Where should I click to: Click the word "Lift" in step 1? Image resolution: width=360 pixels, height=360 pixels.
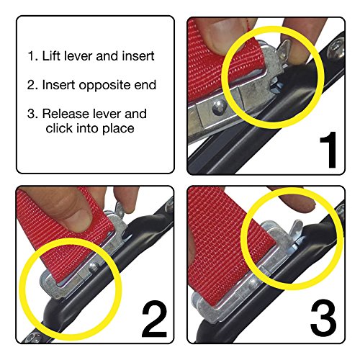pyautogui.click(x=50, y=56)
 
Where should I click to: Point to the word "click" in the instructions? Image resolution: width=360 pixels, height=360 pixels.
pyautogui.click(x=59, y=128)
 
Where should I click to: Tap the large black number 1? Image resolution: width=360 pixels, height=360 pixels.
pyautogui.click(x=328, y=150)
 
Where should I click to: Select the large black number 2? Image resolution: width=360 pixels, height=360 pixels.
pyautogui.click(x=154, y=319)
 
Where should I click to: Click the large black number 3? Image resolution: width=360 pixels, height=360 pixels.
pyautogui.click(x=323, y=318)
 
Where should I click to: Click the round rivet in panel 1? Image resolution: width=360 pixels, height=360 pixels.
pyautogui.click(x=219, y=107)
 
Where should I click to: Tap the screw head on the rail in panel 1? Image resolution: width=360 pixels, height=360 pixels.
pyautogui.click(x=336, y=50)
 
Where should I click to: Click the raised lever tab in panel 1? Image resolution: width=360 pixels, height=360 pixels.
pyautogui.click(x=286, y=50)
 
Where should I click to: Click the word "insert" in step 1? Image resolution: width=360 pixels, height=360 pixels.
pyautogui.click(x=138, y=56)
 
